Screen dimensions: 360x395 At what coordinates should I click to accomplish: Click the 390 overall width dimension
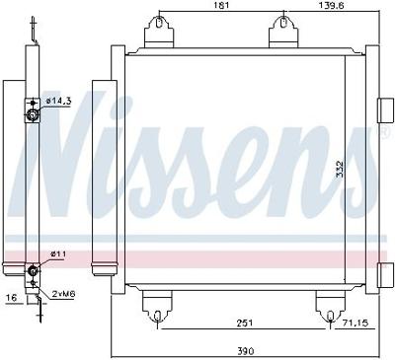pyautogui.click(x=243, y=347)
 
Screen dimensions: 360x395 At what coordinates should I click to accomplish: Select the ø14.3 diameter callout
pyautogui.click(x=58, y=101)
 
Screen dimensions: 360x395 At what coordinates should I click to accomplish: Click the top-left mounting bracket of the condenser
pyautogui.click(x=157, y=35)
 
